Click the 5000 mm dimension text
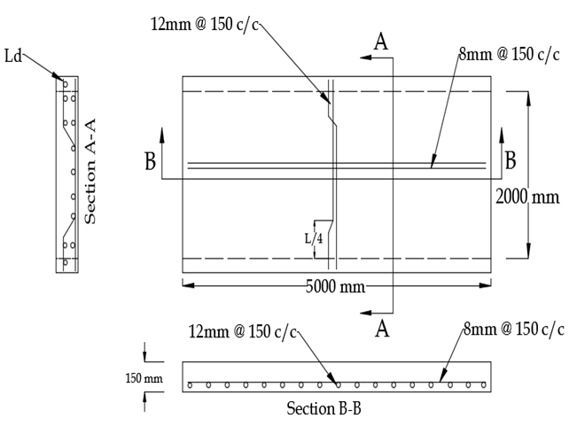[x=338, y=287]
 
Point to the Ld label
[x=13, y=55]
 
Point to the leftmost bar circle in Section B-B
[x=191, y=385]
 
